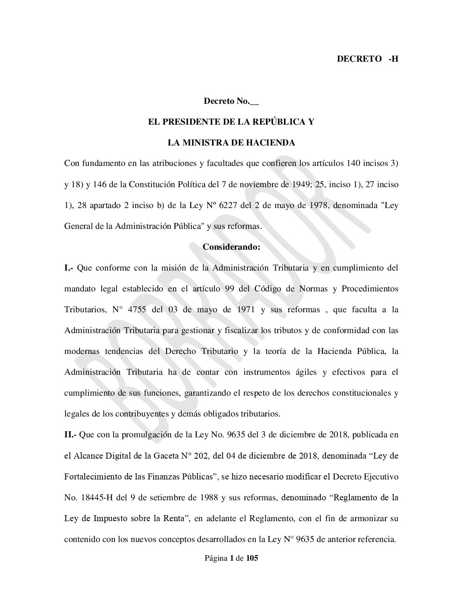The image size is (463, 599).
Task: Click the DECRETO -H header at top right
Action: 367,59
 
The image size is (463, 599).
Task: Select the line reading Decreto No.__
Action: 231,101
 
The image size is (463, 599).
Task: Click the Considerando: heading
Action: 231,247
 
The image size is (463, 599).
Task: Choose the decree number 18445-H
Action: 100,497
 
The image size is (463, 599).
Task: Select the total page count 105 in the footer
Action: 252,559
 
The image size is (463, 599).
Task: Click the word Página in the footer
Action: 215,559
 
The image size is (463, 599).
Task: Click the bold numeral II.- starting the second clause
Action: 70,435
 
